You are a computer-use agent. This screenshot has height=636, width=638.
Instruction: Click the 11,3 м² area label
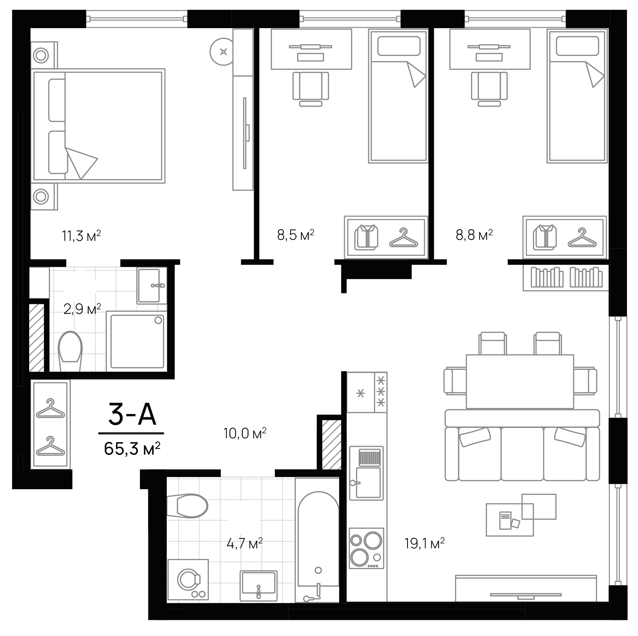(x=81, y=236)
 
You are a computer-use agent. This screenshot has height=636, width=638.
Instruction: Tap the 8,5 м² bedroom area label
(x=295, y=235)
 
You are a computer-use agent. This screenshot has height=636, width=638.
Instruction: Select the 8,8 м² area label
(x=474, y=235)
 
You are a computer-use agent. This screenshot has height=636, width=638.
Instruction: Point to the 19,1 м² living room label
(x=424, y=544)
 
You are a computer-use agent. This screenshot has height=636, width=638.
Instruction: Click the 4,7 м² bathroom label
(x=244, y=544)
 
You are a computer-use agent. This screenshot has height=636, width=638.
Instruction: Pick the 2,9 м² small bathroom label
(x=82, y=309)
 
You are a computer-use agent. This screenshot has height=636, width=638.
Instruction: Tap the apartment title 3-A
(x=132, y=415)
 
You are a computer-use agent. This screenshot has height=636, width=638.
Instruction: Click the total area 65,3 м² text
(x=132, y=449)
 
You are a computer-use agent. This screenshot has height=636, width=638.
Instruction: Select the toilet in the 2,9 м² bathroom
(x=70, y=351)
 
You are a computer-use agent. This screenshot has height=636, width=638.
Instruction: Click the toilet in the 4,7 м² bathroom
(x=188, y=506)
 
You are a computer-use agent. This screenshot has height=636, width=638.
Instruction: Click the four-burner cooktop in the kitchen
(x=366, y=548)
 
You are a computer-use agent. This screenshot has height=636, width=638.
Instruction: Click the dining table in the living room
(x=520, y=381)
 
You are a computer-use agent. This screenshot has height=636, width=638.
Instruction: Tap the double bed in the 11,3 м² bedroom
(x=98, y=126)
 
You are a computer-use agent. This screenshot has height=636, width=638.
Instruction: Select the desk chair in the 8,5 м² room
(x=311, y=88)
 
